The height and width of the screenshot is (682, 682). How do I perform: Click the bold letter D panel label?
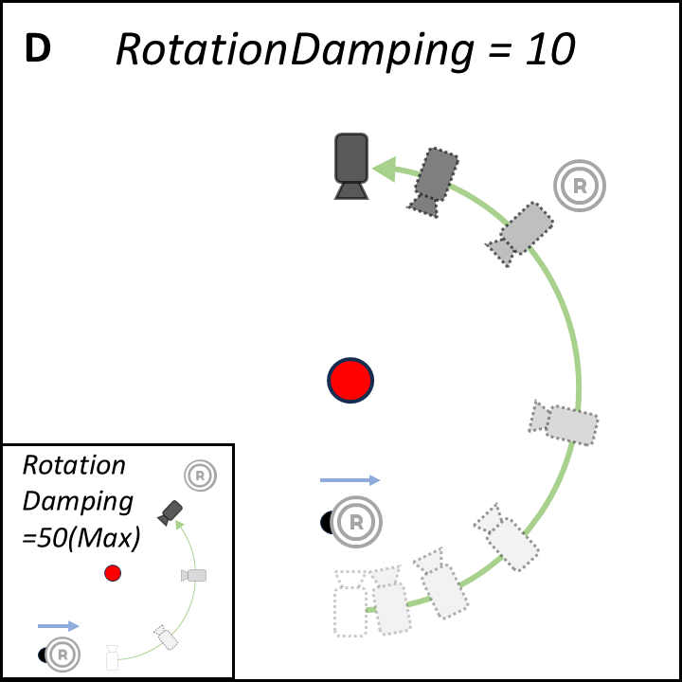[37, 50]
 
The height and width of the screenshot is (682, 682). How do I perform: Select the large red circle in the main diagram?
[351, 381]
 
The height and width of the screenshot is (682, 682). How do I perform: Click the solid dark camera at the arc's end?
[351, 165]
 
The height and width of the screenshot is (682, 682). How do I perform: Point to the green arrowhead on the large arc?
[385, 170]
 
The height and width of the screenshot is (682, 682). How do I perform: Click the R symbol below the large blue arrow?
[356, 521]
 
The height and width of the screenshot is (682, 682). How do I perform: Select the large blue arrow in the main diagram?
[350, 481]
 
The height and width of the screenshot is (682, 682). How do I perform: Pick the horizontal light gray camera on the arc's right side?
[566, 423]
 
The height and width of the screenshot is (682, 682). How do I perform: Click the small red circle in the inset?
[113, 573]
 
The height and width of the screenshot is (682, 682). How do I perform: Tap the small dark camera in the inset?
[170, 512]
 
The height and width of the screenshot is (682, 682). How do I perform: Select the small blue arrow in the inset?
[59, 626]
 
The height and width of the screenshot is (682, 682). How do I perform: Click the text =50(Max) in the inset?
[81, 539]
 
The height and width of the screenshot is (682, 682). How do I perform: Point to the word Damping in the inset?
[78, 502]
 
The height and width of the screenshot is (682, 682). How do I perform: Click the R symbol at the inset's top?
[200, 476]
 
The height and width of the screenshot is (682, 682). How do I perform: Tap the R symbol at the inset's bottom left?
[63, 654]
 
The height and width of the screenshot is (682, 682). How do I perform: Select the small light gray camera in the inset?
[194, 575]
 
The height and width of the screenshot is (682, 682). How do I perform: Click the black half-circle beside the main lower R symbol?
[327, 521]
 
